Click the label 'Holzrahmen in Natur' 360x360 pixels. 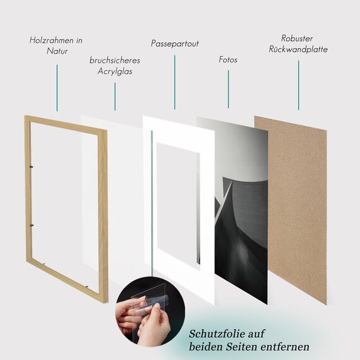tap(56, 45)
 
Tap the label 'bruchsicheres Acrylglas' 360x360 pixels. tap(114, 66)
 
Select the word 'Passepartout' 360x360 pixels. tap(175, 44)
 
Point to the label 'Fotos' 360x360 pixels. tap(228, 59)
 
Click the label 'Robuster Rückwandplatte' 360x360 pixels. tap(298, 44)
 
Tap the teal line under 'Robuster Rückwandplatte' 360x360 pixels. tap(298, 82)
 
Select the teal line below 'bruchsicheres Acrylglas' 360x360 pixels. tap(114, 96)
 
